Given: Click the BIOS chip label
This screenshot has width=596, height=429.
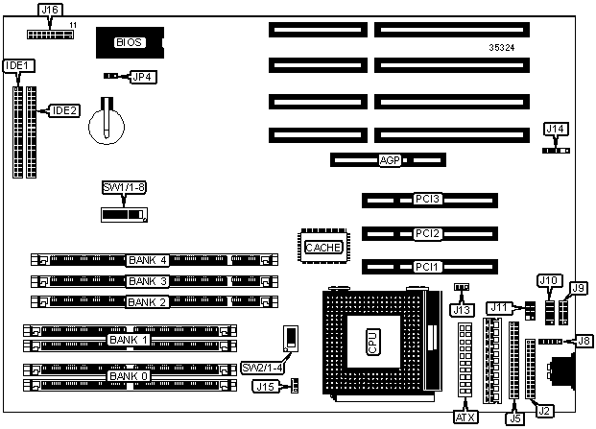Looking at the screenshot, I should click(128, 42).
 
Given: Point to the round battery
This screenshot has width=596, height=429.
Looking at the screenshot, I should click(107, 124).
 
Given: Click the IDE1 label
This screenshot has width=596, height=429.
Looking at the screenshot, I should click(16, 66).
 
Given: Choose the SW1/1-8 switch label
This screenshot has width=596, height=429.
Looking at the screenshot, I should click(124, 186).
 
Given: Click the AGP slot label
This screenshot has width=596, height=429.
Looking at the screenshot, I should click(390, 160).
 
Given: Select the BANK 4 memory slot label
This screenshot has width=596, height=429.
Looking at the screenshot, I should click(148, 259).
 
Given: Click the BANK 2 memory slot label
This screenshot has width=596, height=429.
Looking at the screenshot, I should click(148, 301).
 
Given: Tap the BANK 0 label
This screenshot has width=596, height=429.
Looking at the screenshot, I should click(129, 375).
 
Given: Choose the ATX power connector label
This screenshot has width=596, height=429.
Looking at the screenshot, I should click(465, 417).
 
